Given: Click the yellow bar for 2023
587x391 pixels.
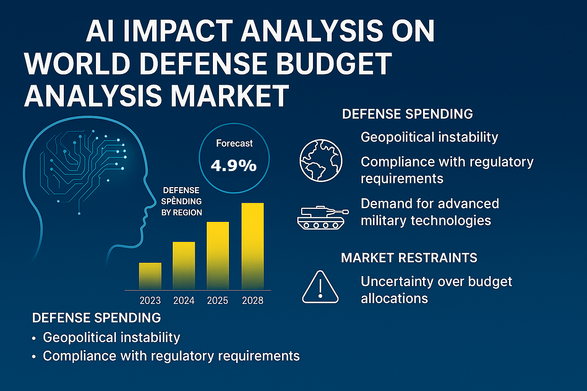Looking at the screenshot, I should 150,276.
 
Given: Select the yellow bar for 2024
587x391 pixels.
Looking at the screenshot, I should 184,265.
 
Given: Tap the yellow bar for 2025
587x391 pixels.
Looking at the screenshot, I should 218,255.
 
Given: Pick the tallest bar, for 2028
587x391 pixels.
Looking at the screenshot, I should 253,246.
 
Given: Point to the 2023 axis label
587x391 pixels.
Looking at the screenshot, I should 150,301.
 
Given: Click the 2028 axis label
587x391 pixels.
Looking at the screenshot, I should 253,301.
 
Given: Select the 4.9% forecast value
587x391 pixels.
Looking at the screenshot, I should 234,166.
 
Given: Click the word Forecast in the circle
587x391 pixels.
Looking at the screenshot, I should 234,144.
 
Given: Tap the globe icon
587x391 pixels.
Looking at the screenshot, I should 321,160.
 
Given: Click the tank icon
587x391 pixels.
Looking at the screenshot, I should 323,218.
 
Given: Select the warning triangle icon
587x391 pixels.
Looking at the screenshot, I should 320,288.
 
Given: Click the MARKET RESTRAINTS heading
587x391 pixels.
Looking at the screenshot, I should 409,258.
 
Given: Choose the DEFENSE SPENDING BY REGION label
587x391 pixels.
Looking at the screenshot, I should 182,201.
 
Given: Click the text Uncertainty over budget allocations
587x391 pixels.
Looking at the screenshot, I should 436,290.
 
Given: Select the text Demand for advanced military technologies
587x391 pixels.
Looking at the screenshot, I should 430,212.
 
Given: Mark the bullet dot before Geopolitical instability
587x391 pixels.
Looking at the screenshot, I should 34,338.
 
